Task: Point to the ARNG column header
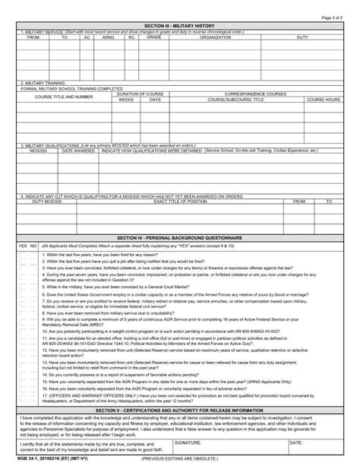coord(109,36)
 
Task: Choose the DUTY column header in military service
coord(302,36)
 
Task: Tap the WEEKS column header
coord(127,100)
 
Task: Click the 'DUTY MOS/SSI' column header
coord(48,202)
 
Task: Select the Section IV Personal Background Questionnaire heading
coord(180,239)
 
